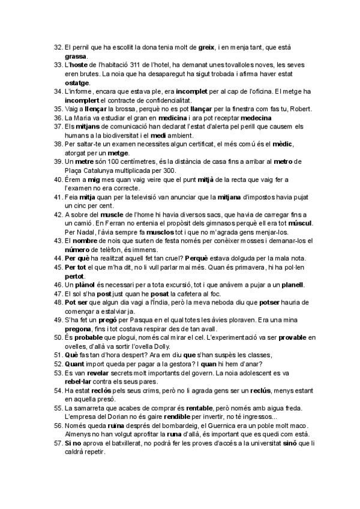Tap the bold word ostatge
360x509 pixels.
77,82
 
